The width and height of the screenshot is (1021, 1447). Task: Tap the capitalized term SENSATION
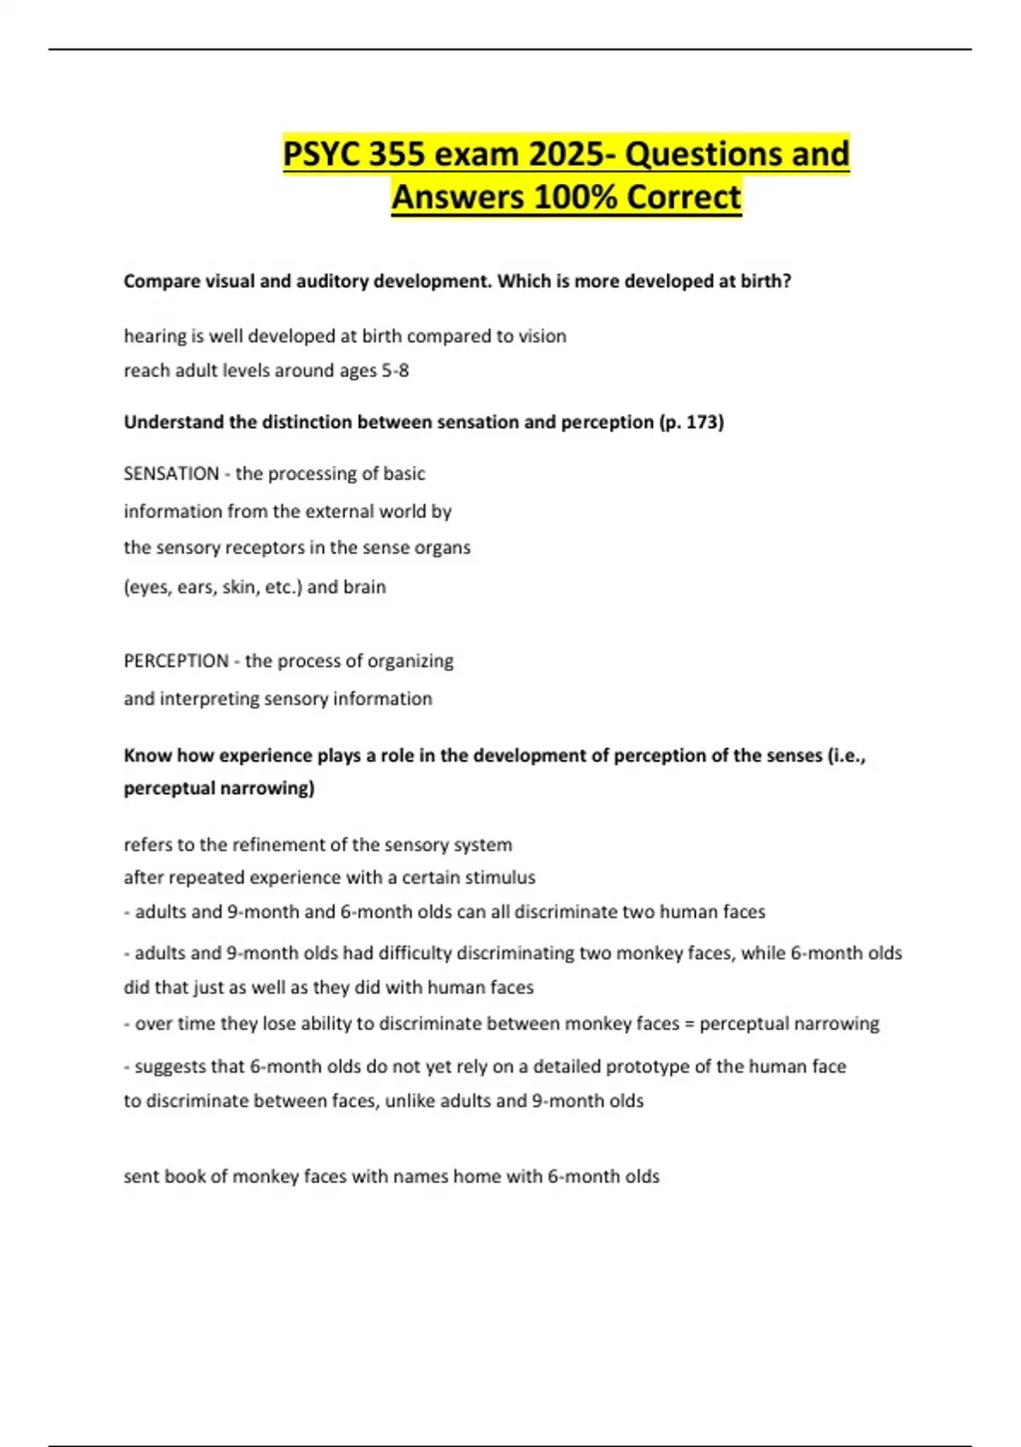click(x=171, y=473)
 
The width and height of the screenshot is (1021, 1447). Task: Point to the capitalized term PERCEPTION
click(x=176, y=661)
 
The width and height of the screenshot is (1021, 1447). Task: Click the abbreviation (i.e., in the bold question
click(x=846, y=755)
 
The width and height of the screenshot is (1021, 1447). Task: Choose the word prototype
click(x=647, y=1067)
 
